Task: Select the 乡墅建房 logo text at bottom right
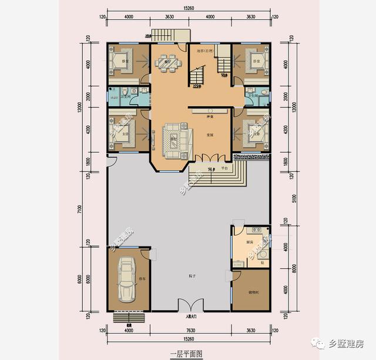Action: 347,344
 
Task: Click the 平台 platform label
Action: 224,169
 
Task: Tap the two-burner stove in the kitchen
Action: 257,231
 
